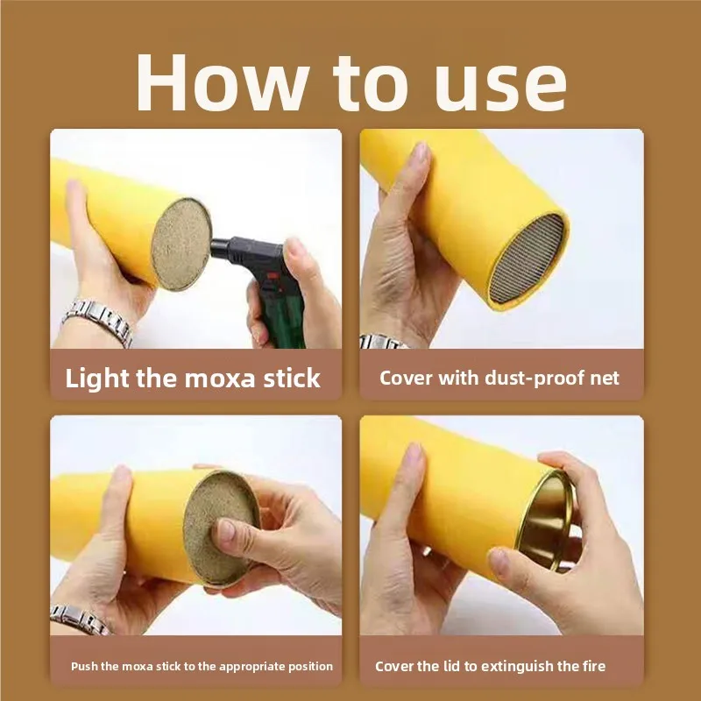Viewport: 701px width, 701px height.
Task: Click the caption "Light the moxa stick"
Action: [193, 379]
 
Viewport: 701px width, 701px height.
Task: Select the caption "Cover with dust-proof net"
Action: [499, 378]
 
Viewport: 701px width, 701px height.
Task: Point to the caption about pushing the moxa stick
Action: [202, 666]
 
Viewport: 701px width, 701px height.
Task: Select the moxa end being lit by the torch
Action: [181, 243]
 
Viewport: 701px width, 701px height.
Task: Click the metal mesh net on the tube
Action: [528, 259]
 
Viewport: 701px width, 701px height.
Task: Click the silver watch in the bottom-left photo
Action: [81, 618]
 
